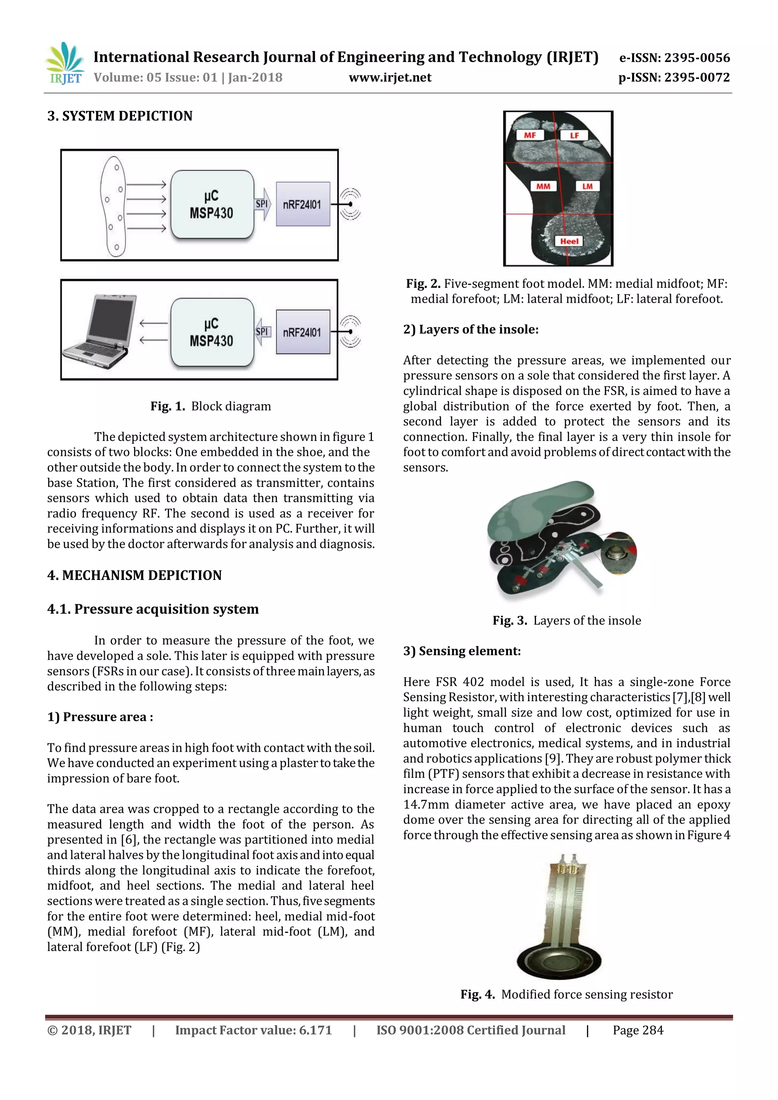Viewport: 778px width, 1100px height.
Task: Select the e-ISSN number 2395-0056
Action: pos(675,58)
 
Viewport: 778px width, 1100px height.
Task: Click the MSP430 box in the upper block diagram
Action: pos(212,205)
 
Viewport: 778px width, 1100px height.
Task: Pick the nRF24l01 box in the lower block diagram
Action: pos(302,332)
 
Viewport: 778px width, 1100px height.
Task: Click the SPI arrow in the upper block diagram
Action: pos(262,204)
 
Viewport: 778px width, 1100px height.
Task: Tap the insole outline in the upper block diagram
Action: pos(113,206)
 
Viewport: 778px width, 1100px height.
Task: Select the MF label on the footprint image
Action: pos(530,135)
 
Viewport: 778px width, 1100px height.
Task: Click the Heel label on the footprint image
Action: pos(569,241)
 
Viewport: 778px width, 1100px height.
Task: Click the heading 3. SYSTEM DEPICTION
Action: pos(120,116)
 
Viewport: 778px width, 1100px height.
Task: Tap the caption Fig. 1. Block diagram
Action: pos(210,406)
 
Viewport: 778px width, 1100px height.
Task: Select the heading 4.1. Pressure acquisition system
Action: pos(153,609)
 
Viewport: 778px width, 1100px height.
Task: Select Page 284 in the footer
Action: pos(638,1030)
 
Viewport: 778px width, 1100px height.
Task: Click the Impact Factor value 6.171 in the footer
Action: pos(253,1030)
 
